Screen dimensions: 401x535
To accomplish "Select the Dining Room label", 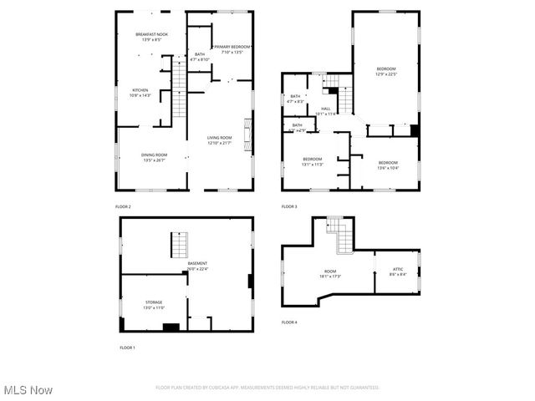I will click(154, 155).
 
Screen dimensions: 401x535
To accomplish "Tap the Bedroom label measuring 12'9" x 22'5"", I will click(385, 69).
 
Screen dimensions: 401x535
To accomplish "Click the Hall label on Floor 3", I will click(326, 109).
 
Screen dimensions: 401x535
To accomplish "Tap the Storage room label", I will click(154, 302).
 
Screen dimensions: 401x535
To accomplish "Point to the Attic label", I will click(398, 269).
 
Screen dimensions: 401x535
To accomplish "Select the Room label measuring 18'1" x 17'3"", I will click(330, 272).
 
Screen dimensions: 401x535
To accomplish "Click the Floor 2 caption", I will click(123, 206).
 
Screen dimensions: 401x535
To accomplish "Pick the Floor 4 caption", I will click(289, 322).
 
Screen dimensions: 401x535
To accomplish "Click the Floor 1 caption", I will click(127, 347).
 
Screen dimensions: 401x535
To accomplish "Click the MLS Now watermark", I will click(28, 390).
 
